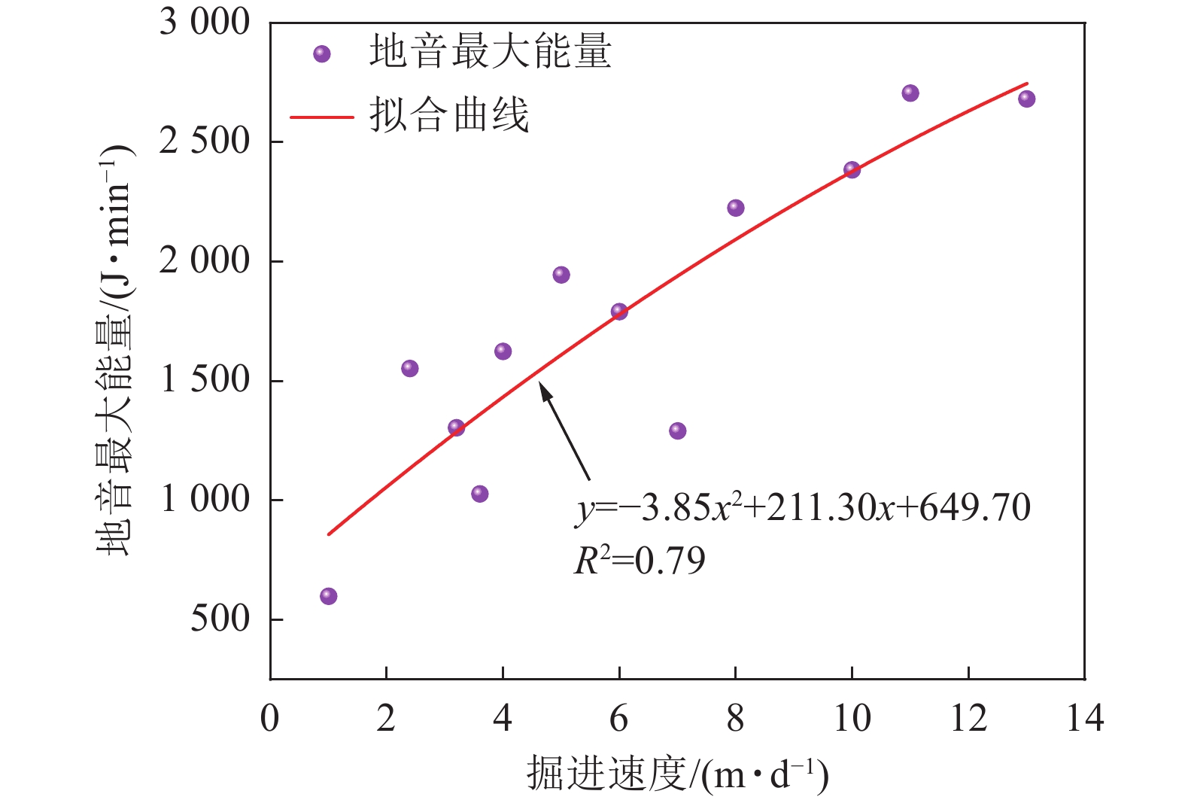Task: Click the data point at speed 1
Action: tap(328, 596)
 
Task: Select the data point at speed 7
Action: tap(677, 430)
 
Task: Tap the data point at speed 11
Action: tap(910, 93)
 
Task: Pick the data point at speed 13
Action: tap(1026, 99)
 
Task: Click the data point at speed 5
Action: tap(561, 275)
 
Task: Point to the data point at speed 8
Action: tap(735, 208)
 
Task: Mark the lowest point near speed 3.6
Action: tap(479, 494)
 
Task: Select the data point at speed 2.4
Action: tap(409, 368)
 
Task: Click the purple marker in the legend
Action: tap(322, 54)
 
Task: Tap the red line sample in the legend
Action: tap(322, 117)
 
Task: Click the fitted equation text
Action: tap(802, 508)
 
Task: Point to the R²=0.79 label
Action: tap(640, 561)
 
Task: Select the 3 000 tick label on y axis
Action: tap(205, 23)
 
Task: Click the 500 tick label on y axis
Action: tap(219, 619)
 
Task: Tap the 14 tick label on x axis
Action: tap(1084, 719)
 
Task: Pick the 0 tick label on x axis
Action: tap(269, 719)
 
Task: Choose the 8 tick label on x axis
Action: tap(735, 719)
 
